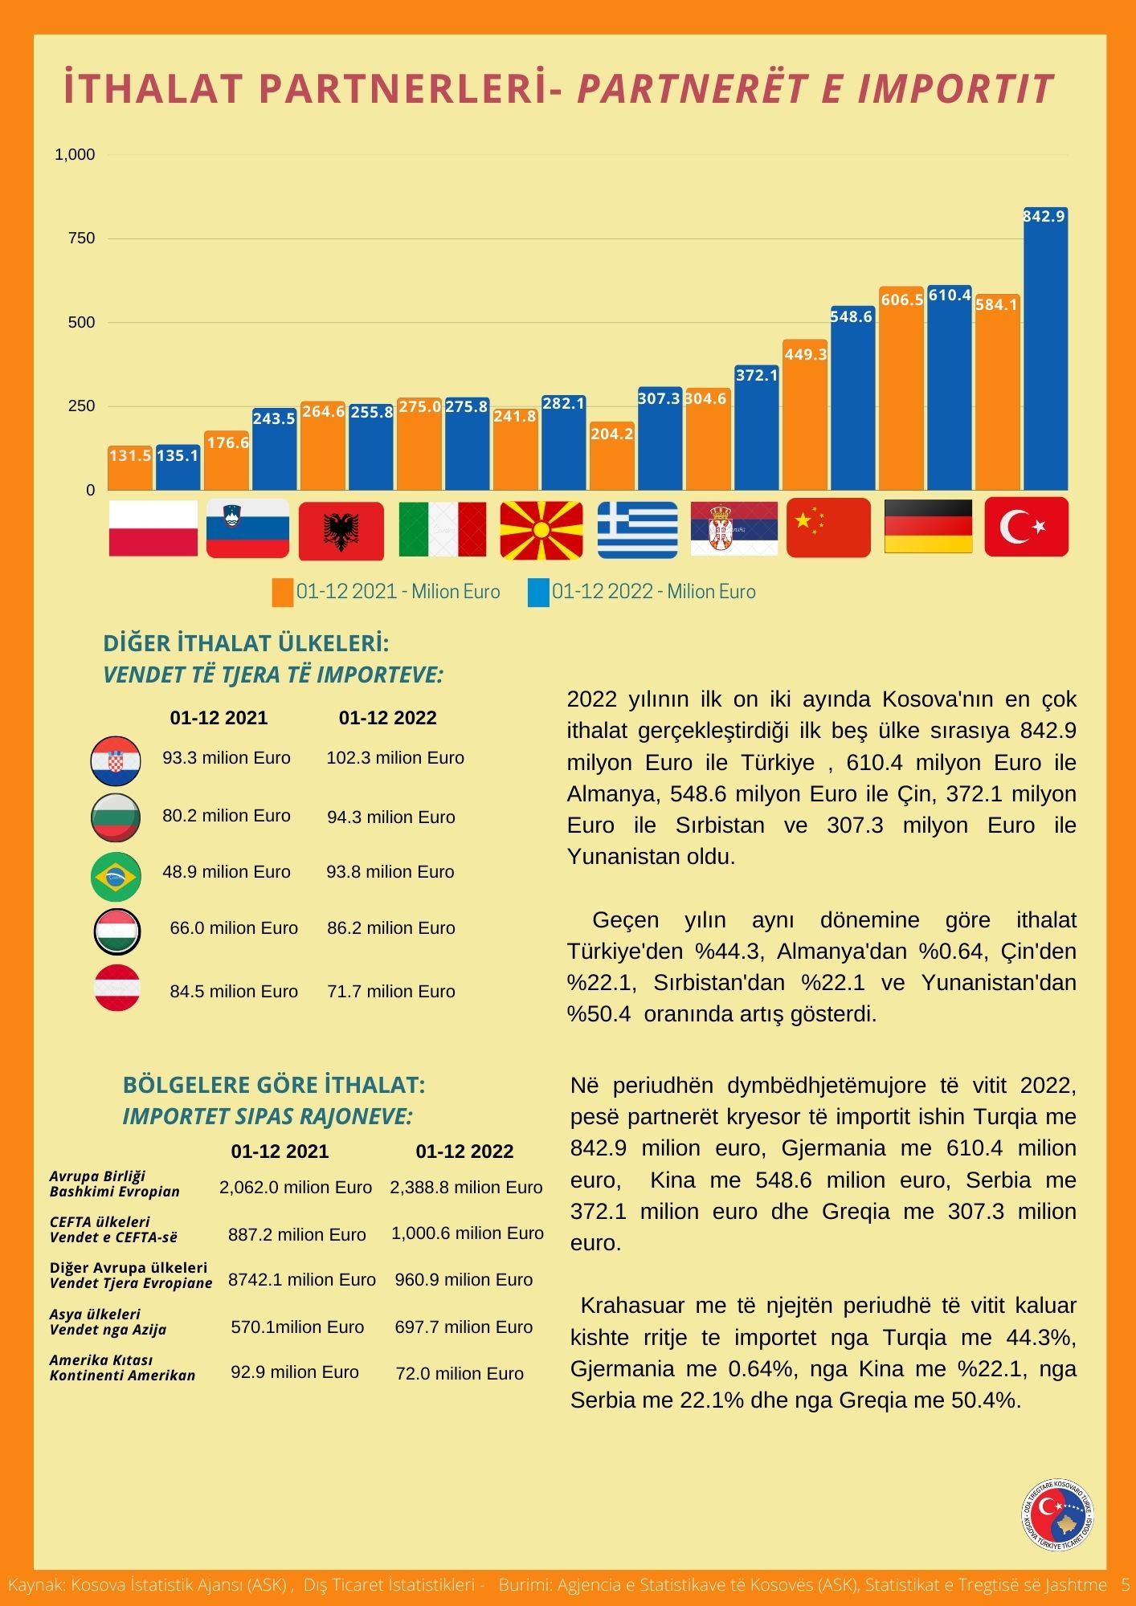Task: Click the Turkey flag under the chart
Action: pos(1026,527)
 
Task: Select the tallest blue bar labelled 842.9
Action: pos(1045,349)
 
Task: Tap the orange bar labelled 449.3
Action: pos(805,414)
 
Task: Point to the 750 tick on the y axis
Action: pos(81,238)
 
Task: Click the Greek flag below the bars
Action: pos(638,528)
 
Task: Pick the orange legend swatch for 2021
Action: pos(283,593)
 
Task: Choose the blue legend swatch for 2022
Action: pos(538,593)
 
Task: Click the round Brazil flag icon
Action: pos(116,876)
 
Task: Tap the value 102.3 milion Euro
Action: pos(395,758)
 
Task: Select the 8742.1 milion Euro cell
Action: pos(302,1280)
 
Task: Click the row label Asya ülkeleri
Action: pos(95,1315)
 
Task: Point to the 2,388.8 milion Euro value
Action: pos(466,1188)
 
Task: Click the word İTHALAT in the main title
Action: pos(154,88)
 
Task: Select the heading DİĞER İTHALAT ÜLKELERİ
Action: pos(247,643)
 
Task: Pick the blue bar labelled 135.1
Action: pos(178,467)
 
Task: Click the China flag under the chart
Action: pos(828,528)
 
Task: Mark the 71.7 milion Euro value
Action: pos(391,992)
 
